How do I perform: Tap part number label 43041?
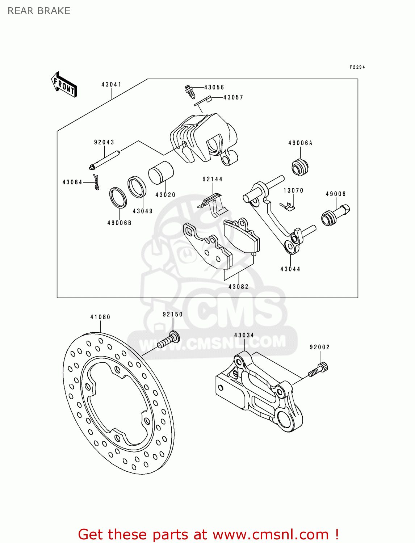111,84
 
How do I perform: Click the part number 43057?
233,97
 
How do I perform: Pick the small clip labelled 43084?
96,182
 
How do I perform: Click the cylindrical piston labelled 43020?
161,172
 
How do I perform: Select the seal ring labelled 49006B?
118,198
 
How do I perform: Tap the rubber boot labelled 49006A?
300,167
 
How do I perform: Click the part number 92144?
212,179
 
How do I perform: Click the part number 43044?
290,269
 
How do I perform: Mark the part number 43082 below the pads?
238,287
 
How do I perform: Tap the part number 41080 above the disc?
100,317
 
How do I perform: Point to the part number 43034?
244,335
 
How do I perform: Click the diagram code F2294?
357,67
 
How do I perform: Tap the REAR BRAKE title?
39,11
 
